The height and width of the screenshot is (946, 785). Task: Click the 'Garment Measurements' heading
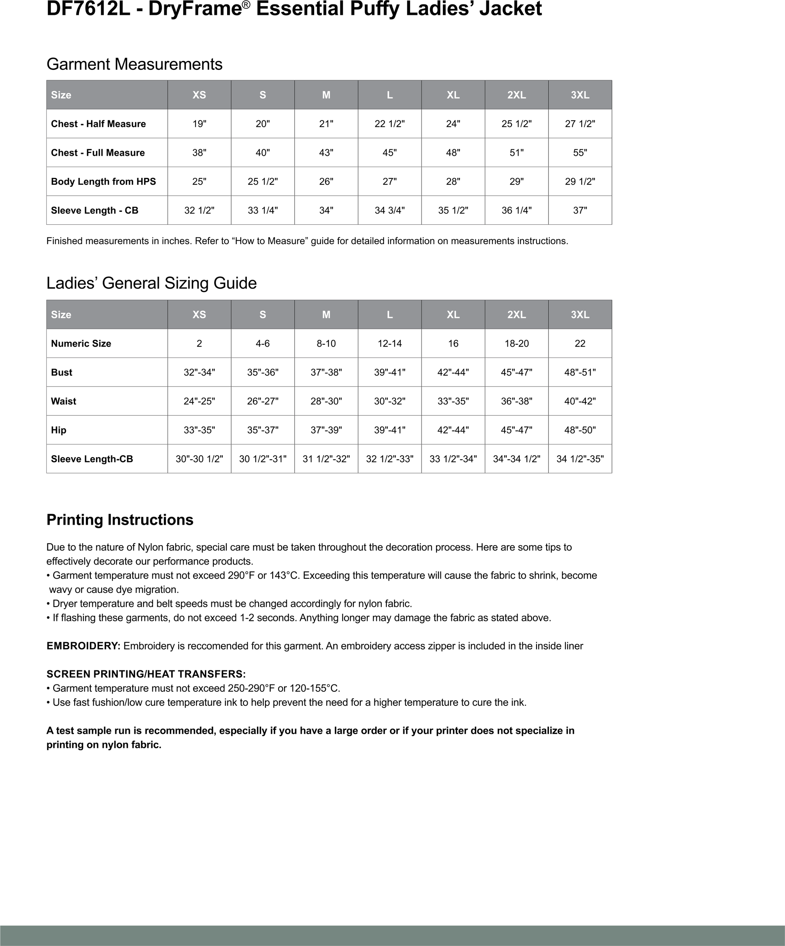click(134, 65)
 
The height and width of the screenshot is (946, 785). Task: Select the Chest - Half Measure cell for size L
click(390, 124)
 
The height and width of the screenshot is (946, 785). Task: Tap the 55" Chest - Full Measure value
click(580, 153)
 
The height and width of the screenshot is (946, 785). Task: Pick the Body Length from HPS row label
click(103, 182)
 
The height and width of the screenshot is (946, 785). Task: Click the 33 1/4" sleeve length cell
click(263, 210)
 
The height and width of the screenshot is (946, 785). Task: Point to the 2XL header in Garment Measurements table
click(517, 95)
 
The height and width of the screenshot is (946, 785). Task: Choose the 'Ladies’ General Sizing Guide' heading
click(151, 283)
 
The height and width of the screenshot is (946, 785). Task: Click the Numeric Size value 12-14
click(390, 344)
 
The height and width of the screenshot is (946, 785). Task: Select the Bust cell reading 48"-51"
click(580, 373)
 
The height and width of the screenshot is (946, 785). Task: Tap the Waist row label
click(63, 402)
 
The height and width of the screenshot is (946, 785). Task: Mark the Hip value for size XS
click(199, 430)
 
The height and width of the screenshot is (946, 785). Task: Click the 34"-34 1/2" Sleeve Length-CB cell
click(517, 459)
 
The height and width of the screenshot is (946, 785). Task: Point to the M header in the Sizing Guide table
click(326, 315)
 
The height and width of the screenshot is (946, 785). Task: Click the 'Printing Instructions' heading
click(120, 520)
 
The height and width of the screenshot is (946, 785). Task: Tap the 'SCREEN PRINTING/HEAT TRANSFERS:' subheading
click(146, 674)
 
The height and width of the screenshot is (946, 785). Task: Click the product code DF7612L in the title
click(88, 9)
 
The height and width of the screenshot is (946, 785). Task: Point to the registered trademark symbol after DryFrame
click(246, 4)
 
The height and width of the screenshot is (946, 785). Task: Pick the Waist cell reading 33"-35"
click(453, 402)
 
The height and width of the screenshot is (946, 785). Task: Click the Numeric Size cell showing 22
click(580, 344)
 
